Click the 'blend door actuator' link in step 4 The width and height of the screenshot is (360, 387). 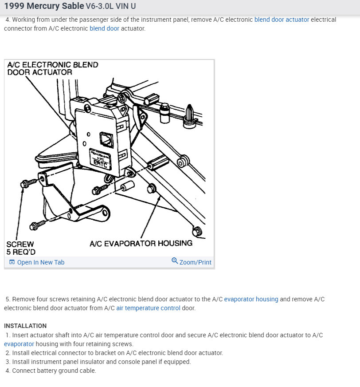[x=282, y=20]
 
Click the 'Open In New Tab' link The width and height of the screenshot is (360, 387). [x=40, y=262]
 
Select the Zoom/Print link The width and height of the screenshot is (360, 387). [x=195, y=262]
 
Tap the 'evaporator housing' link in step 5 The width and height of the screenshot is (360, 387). [x=251, y=299]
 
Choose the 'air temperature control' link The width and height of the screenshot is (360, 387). [x=148, y=308]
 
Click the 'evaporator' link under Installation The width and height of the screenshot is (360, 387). [x=19, y=344]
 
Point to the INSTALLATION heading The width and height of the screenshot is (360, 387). [x=25, y=326]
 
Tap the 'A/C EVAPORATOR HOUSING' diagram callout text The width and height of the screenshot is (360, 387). [x=141, y=243]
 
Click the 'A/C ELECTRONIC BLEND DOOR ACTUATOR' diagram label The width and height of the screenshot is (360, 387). [x=52, y=68]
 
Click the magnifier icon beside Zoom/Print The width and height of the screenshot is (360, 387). [x=175, y=261]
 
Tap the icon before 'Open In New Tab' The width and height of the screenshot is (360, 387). [x=12, y=262]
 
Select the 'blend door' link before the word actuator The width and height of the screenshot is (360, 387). [x=104, y=28]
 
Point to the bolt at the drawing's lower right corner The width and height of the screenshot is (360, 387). [x=198, y=231]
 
